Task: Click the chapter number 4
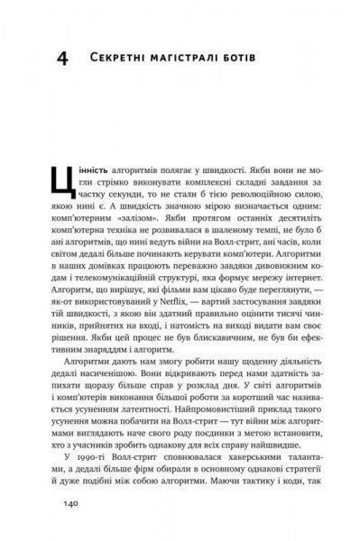[x=61, y=59]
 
